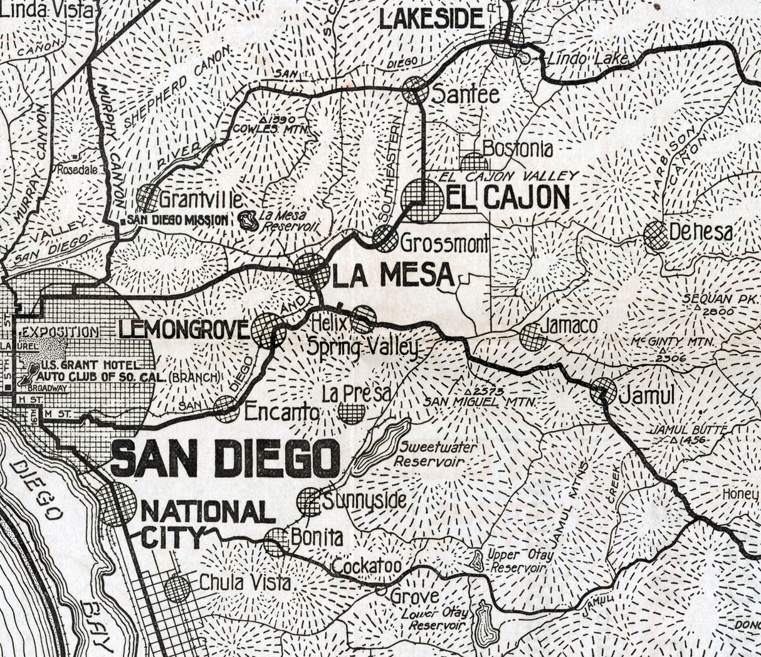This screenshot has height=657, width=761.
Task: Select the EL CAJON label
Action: [508, 198]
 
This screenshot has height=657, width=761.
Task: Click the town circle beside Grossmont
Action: [385, 238]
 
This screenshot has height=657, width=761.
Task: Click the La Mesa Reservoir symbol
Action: [249, 220]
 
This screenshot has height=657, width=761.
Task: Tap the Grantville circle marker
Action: [149, 198]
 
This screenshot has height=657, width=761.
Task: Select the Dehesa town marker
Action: [656, 235]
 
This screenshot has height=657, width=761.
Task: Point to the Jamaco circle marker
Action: [533, 337]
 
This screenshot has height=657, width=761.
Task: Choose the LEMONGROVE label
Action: [184, 329]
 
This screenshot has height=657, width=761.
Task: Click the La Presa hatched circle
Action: [352, 412]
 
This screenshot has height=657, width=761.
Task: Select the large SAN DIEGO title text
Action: [225, 459]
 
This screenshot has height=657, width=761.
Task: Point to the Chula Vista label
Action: [245, 582]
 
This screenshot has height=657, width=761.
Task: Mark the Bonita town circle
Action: [276, 542]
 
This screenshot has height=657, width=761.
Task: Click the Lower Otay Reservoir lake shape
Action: [485, 624]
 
